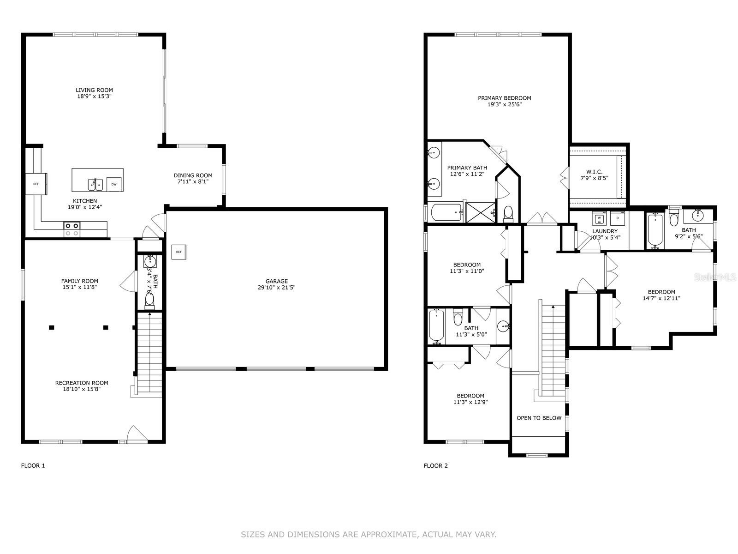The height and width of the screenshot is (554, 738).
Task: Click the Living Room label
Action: tap(94, 90)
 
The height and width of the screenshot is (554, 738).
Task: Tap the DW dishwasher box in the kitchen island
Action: tap(114, 184)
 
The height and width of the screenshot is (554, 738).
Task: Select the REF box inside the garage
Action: tap(179, 252)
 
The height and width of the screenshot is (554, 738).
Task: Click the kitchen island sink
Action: tap(95, 184)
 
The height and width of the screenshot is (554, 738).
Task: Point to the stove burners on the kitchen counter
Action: tap(71, 229)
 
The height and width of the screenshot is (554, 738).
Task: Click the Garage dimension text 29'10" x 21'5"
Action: tap(276, 288)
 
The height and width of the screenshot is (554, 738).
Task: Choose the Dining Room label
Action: tap(193, 175)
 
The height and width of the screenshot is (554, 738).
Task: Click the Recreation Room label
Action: tap(82, 383)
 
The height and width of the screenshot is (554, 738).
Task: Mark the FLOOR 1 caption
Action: tap(33, 465)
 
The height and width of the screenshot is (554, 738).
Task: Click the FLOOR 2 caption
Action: tap(435, 465)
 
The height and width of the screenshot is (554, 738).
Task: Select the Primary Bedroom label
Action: tap(504, 98)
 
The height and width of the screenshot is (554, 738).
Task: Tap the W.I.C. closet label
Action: tap(591, 172)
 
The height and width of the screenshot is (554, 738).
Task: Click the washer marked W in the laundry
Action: tap(599, 218)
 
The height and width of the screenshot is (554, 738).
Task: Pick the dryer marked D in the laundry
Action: tap(617, 218)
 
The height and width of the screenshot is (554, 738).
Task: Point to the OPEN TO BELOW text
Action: tap(539, 418)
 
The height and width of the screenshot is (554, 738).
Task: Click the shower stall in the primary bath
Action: tap(480, 212)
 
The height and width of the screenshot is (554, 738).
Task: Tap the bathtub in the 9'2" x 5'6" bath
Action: tap(655, 230)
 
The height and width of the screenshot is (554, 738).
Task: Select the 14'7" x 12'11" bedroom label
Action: tap(661, 292)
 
